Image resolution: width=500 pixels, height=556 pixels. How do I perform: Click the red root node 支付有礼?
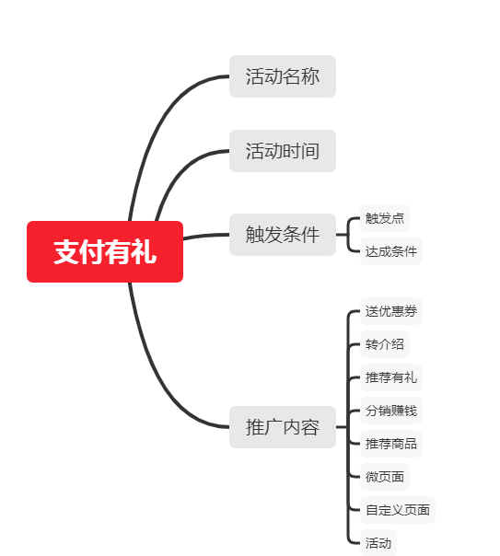coord(105,251)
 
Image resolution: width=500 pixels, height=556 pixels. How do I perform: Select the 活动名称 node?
coord(283,76)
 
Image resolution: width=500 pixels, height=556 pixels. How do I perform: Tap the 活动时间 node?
coord(283,151)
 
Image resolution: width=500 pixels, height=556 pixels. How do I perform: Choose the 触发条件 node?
coord(283,235)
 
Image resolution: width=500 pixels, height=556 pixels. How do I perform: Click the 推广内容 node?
coord(283,427)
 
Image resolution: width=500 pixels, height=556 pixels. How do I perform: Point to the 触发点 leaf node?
coord(385,218)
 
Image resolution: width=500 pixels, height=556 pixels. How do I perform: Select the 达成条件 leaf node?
coord(391,251)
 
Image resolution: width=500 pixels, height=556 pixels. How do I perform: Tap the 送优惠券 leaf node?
coord(391,311)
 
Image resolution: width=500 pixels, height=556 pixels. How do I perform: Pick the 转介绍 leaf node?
coord(385,344)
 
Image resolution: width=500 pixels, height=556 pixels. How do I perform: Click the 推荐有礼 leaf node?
coord(391,377)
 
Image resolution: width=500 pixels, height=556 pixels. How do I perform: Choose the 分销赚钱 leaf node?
coord(391,411)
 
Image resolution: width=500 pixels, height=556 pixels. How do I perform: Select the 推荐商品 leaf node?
coord(391,444)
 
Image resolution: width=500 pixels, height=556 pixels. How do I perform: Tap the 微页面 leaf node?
coord(385,477)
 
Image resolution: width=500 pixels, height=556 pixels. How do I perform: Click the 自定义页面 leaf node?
coord(398,510)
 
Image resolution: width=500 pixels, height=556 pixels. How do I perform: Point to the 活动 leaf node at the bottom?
coord(378,543)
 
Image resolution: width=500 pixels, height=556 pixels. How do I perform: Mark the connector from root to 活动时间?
coord(178,175)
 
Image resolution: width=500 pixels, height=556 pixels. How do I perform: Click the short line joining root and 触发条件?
coord(206,236)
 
